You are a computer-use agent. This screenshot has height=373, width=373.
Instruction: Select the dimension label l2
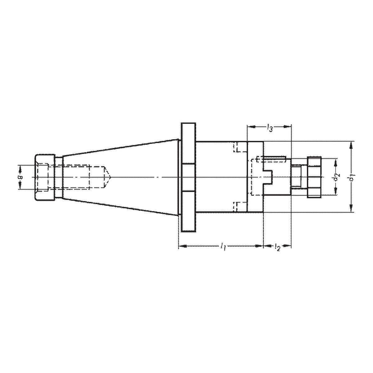(278, 247)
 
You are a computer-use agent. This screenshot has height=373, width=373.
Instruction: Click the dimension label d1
(353, 177)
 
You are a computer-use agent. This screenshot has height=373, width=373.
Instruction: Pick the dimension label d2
(336, 177)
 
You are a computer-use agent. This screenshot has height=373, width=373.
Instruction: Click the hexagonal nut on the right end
(314, 177)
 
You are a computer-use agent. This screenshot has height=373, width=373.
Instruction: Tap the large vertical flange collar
(189, 177)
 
